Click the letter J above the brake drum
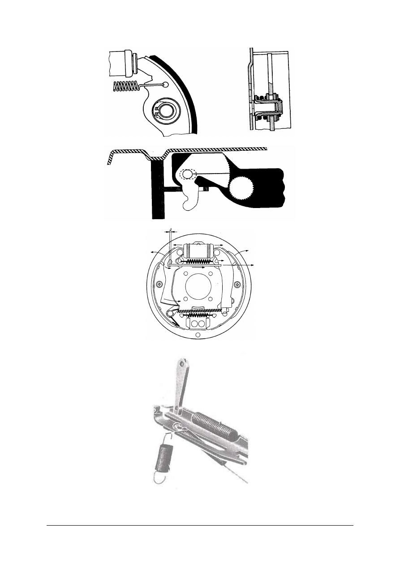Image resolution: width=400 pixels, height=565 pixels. (x=171, y=229)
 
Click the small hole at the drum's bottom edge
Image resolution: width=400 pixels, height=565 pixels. (x=198, y=335)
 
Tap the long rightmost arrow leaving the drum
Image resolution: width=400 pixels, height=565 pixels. (x=237, y=265)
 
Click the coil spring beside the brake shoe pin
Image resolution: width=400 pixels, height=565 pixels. (x=126, y=86)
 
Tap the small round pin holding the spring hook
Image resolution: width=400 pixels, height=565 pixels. (x=166, y=85)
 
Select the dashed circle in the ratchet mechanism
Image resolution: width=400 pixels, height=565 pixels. (x=188, y=174)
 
